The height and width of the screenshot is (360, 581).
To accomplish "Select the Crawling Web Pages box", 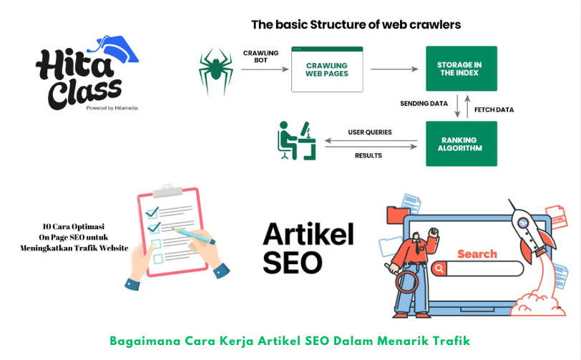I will [x=327, y=69].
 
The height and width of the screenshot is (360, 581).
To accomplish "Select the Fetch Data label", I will [x=494, y=110].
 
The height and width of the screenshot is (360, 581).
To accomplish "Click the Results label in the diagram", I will [x=368, y=155].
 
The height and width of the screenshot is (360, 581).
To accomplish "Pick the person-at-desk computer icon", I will [x=296, y=141].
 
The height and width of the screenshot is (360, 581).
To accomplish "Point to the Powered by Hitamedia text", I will [x=112, y=108].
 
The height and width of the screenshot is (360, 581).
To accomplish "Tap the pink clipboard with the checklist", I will [x=172, y=225].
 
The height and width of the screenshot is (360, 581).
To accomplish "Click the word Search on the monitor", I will [x=477, y=253].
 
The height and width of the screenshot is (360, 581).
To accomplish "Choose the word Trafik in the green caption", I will [x=451, y=339].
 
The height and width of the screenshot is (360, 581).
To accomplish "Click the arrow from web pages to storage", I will [x=394, y=69].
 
